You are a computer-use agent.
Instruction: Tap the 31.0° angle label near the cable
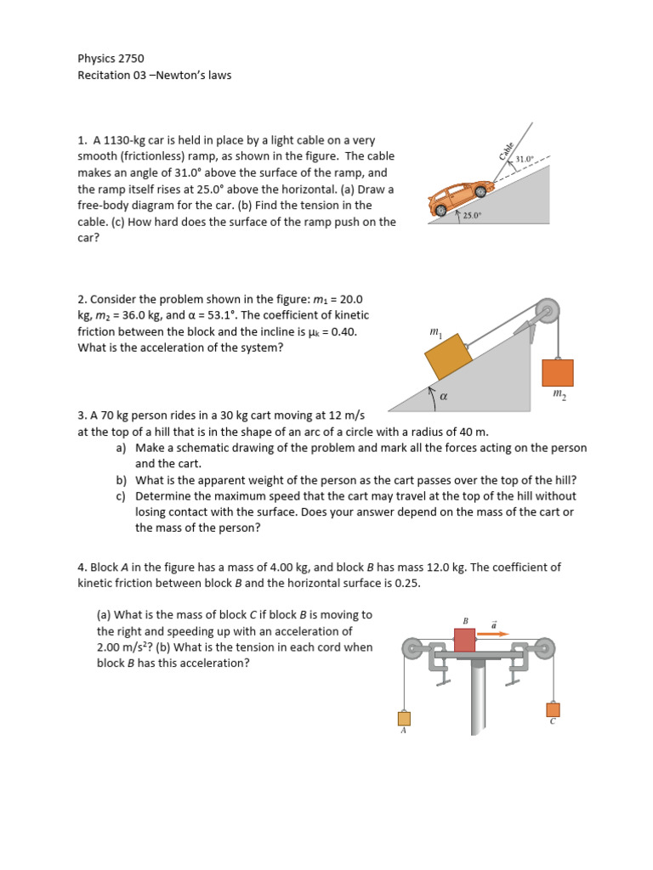(526, 159)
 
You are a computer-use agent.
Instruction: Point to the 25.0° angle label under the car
(472, 216)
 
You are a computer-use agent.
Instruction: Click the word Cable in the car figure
(507, 150)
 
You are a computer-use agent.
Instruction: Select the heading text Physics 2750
(111, 59)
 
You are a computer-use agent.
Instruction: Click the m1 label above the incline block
(436, 333)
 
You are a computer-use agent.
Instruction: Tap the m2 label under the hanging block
(559, 394)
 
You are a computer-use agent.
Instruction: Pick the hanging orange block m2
(558, 372)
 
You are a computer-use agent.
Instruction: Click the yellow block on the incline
(448, 357)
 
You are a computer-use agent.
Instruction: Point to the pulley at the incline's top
(546, 310)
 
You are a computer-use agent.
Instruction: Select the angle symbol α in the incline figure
(443, 396)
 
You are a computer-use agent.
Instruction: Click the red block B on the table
(465, 640)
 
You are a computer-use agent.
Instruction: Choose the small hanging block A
(404, 718)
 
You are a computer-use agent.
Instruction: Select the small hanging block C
(553, 709)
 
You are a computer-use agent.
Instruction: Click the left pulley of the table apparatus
(413, 648)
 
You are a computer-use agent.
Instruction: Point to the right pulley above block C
(543, 648)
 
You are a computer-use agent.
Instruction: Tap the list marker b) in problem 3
(122, 479)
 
